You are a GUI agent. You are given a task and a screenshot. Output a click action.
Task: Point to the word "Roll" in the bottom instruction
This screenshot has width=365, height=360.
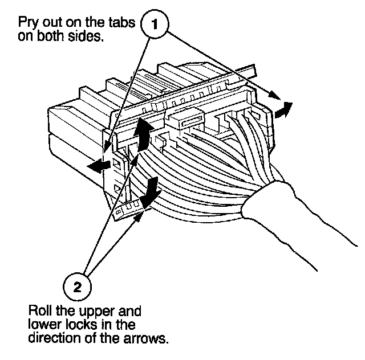click(x=40, y=313)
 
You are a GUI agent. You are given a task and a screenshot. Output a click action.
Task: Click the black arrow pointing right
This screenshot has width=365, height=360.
click(x=282, y=109)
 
